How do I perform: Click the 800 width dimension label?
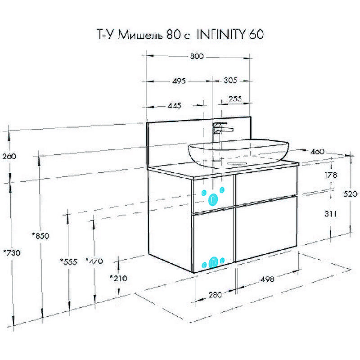tap(197, 56)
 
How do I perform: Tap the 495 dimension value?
tap(179, 81)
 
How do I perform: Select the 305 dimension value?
tap(230, 81)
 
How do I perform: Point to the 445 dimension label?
tap(175, 106)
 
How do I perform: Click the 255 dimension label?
tap(235, 99)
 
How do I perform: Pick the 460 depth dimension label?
tap(317, 152)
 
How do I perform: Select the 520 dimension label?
tap(351, 194)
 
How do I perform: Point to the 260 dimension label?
tap(9, 157)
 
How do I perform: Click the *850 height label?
tap(40, 235)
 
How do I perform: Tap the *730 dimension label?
tap(11, 253)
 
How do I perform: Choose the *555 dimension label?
tap(69, 261)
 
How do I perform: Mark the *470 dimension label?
tap(94, 261)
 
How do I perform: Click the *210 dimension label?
tap(118, 278)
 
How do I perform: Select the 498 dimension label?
tap(267, 279)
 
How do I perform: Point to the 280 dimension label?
tap(216, 295)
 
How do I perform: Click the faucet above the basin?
tap(220, 130)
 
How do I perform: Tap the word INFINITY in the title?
tap(220, 35)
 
